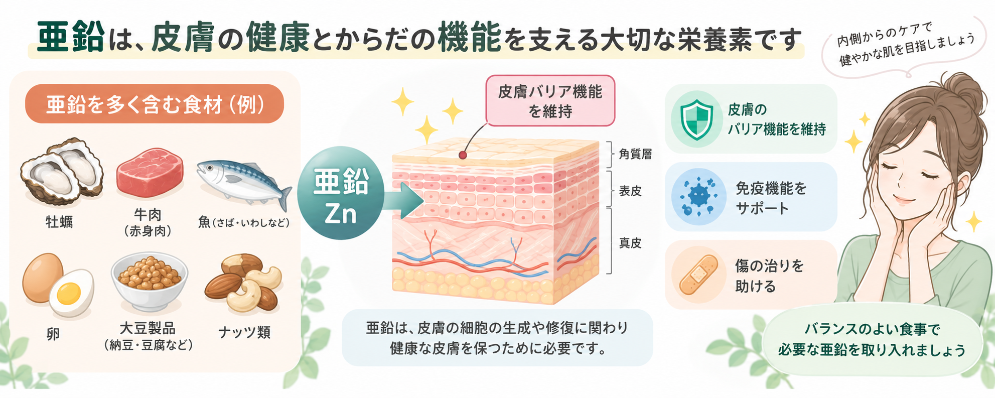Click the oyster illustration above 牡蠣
tap(62, 171)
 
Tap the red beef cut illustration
tap(150, 172)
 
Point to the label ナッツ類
tap(244, 332)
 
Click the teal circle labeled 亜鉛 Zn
tap(341, 193)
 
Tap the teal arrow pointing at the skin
tap(403, 201)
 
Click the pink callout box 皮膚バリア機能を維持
tap(550, 101)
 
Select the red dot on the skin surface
tap(463, 155)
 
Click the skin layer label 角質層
tap(635, 154)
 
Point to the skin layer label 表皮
tap(630, 191)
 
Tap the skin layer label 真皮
tap(630, 243)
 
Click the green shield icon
tap(696, 119)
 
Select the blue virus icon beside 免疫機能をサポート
tap(698, 196)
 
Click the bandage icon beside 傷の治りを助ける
tap(698, 275)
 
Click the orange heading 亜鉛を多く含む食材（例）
tap(155, 104)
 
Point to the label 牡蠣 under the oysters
tap(59, 222)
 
